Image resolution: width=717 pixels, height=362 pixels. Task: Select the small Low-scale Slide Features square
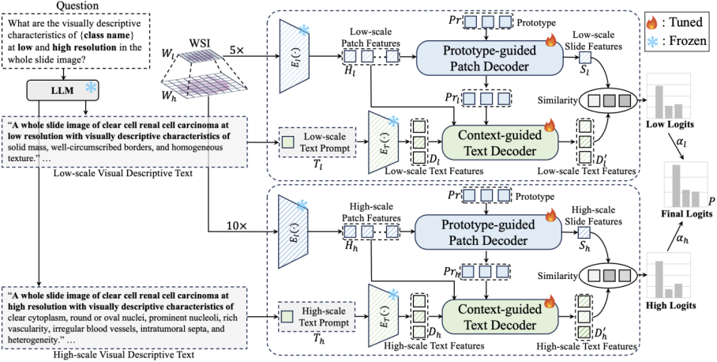tap(586, 57)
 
